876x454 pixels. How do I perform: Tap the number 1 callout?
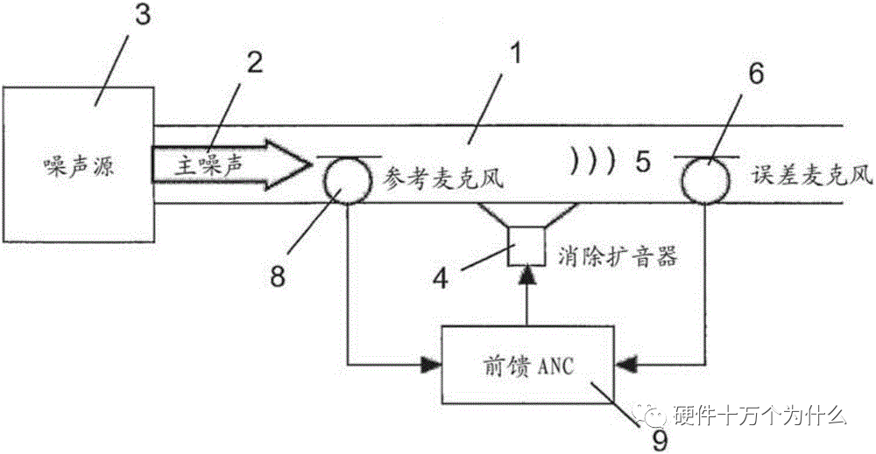coord(515,55)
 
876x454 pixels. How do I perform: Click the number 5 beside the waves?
coord(645,164)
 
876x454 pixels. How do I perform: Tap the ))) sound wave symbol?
coord(593,164)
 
